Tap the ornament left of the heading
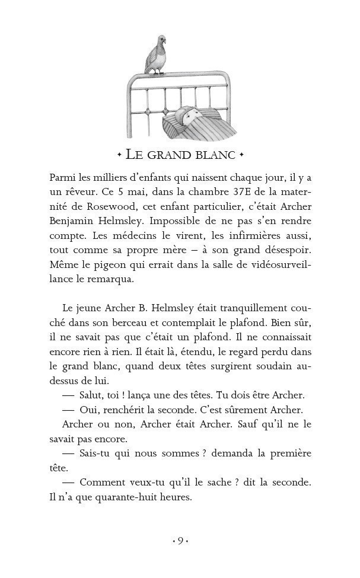click(x=119, y=155)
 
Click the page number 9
click(x=180, y=541)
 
